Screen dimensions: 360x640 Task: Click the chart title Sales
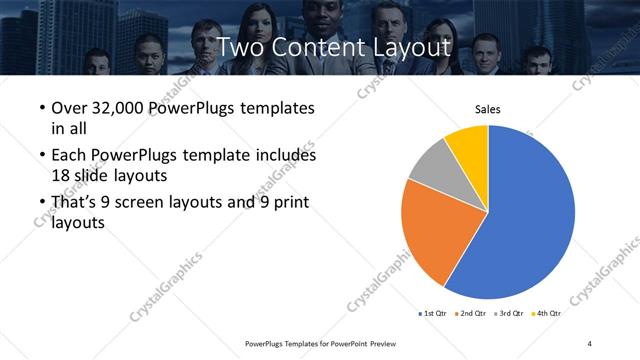click(487, 109)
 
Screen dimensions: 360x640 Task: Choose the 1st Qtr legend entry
click(434, 313)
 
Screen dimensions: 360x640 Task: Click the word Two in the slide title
click(241, 47)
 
